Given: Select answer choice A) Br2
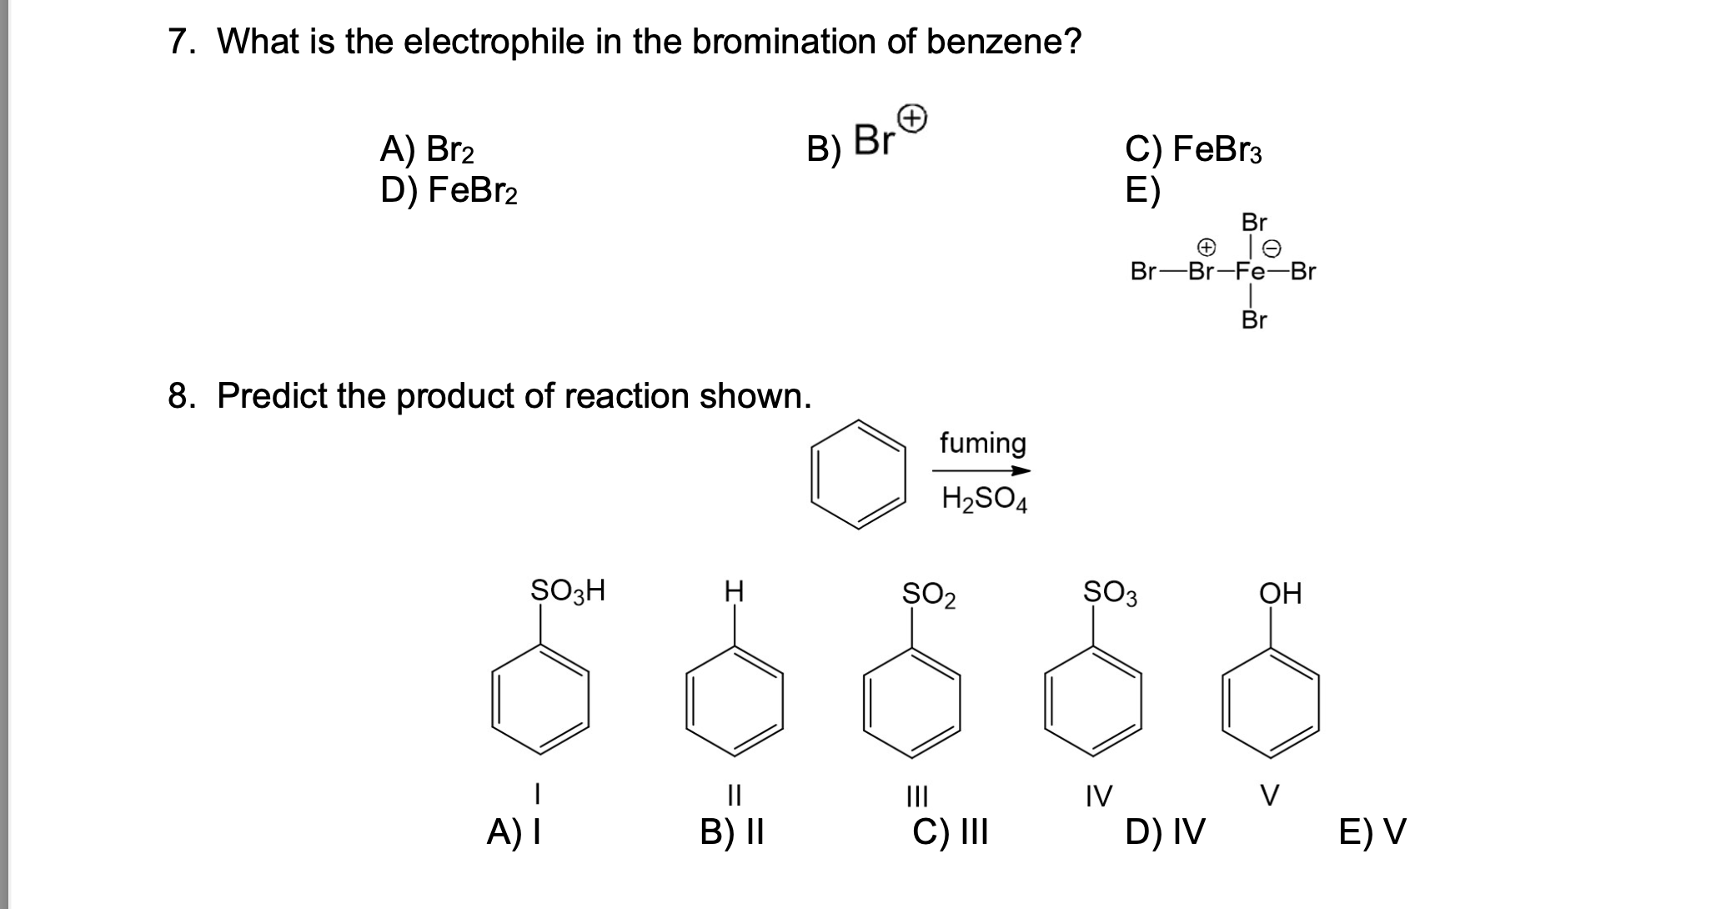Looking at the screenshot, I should point(427,150).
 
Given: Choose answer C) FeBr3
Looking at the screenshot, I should point(1193,150).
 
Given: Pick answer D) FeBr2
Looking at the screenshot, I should point(449,191).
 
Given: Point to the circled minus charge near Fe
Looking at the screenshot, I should point(1273,248).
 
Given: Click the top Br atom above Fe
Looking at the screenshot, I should point(1254,223).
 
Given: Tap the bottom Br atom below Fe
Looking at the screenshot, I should point(1254,319).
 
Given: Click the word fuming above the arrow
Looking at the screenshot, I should point(982,443).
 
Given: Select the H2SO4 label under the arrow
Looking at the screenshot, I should point(984,499).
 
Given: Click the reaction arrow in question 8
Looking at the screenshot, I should point(981,471).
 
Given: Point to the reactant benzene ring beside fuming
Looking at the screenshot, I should point(859,474).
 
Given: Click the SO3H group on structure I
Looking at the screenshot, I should point(568,591).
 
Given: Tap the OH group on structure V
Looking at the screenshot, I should point(1280,594).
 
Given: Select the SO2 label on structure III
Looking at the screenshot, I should point(929,595).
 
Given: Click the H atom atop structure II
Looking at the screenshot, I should point(734,593).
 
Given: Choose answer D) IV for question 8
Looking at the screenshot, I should point(1164,831).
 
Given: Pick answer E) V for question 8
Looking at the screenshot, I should point(1372,831).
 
